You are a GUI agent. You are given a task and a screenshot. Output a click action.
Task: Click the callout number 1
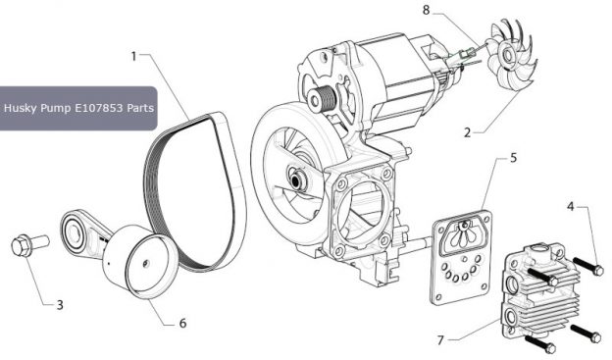tap(133, 56)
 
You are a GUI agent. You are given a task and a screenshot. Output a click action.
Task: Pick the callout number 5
tap(513, 157)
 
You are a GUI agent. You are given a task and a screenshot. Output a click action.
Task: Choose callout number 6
tap(182, 323)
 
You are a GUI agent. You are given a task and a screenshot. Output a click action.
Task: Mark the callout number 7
tap(440, 340)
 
